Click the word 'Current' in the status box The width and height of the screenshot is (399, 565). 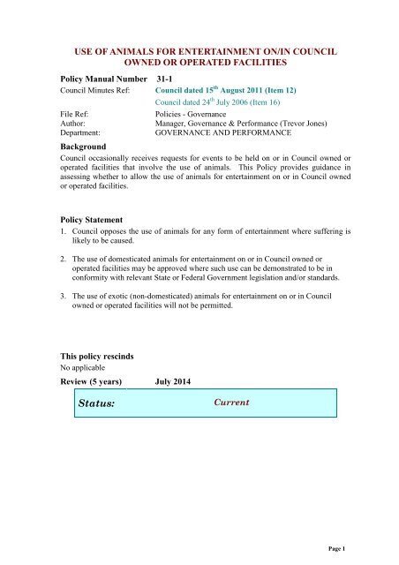coord(232,402)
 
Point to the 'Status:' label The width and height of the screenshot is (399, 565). coord(94,403)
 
